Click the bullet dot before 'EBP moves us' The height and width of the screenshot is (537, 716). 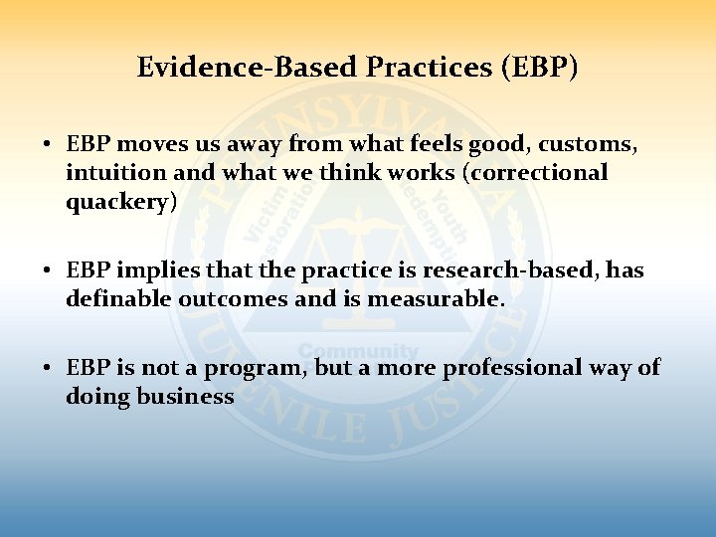click(47, 145)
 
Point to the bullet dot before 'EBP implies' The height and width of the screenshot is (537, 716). click(47, 271)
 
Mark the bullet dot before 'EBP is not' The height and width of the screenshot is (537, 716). click(47, 369)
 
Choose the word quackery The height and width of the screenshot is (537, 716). click(120, 202)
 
